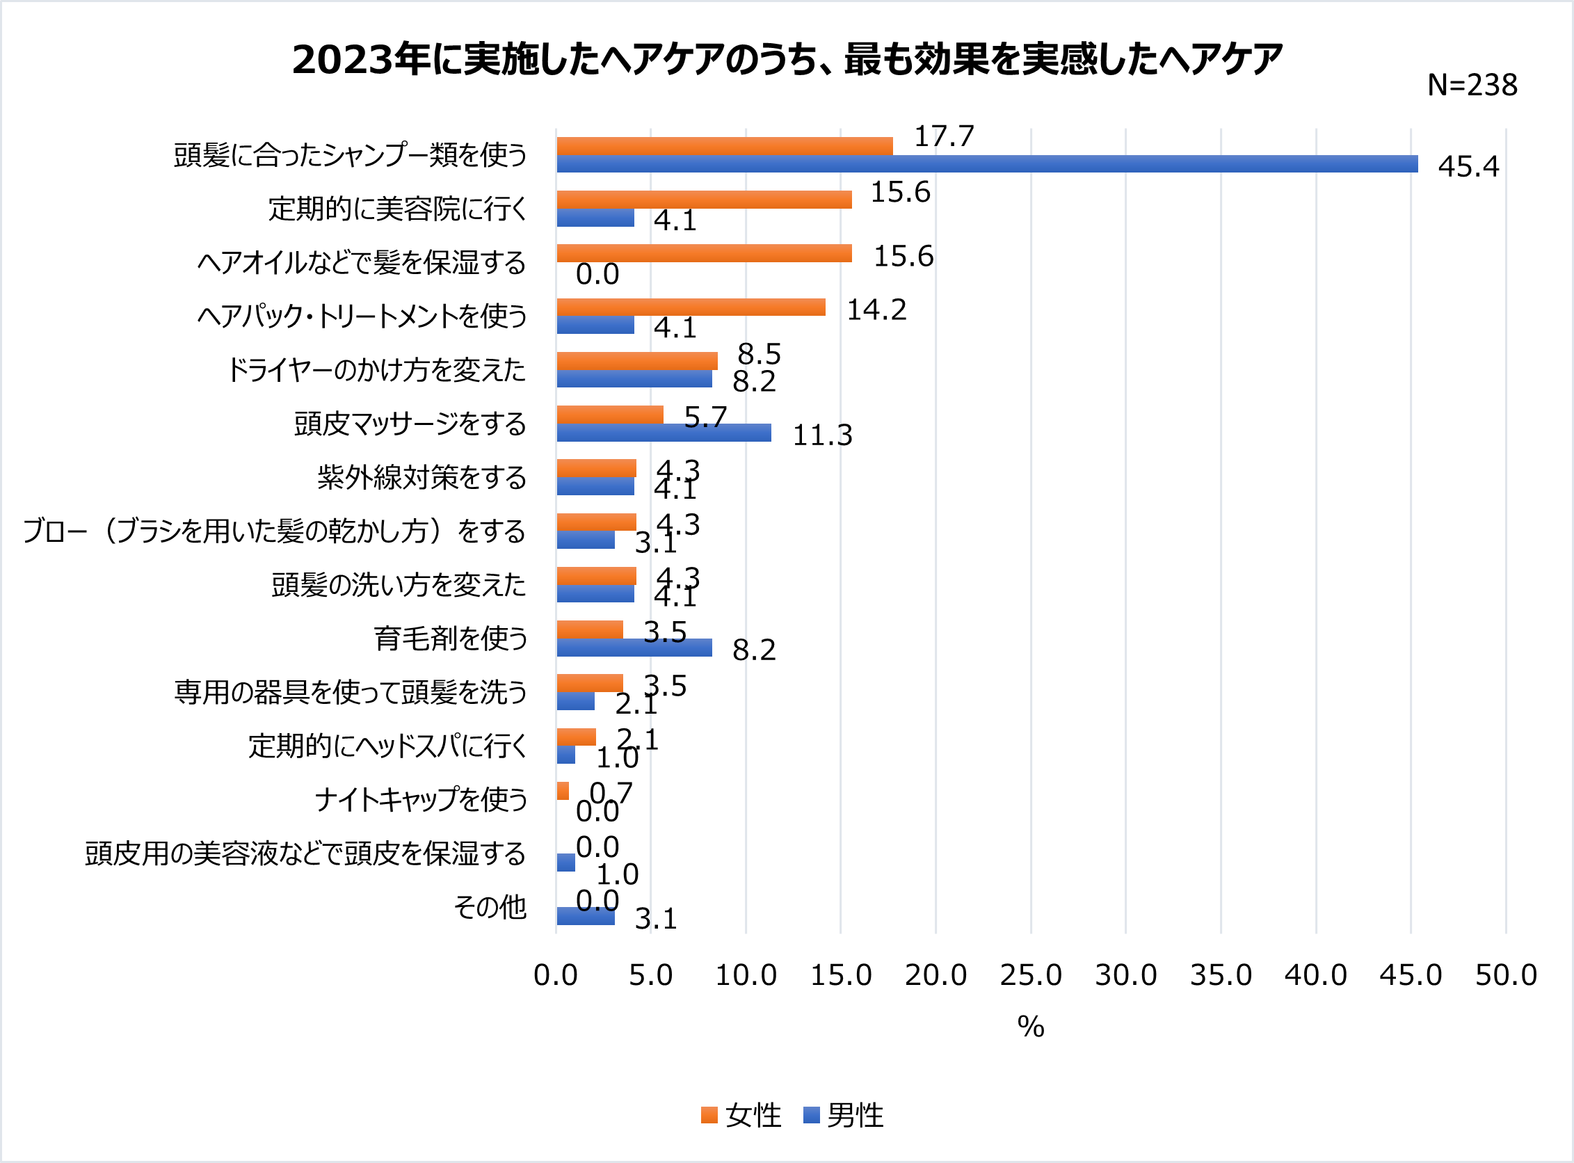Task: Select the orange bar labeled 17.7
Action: (x=724, y=146)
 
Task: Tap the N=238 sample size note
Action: (x=1471, y=85)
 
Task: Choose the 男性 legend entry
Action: (x=844, y=1116)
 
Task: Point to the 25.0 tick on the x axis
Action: (x=1031, y=976)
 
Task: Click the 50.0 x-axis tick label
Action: (x=1506, y=976)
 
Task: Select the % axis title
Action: (x=1031, y=1027)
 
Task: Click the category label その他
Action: (x=490, y=907)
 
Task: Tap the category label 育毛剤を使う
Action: (x=451, y=639)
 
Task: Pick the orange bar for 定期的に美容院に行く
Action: (x=704, y=199)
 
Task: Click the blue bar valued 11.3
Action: (x=664, y=432)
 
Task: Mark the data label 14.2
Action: (x=876, y=310)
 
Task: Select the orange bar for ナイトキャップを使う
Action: (x=563, y=791)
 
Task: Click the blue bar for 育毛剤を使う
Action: (x=634, y=648)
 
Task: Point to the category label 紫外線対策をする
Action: (x=421, y=477)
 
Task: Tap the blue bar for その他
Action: (x=586, y=916)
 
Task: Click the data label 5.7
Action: (x=705, y=417)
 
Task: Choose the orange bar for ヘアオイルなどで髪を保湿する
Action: (x=704, y=253)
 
